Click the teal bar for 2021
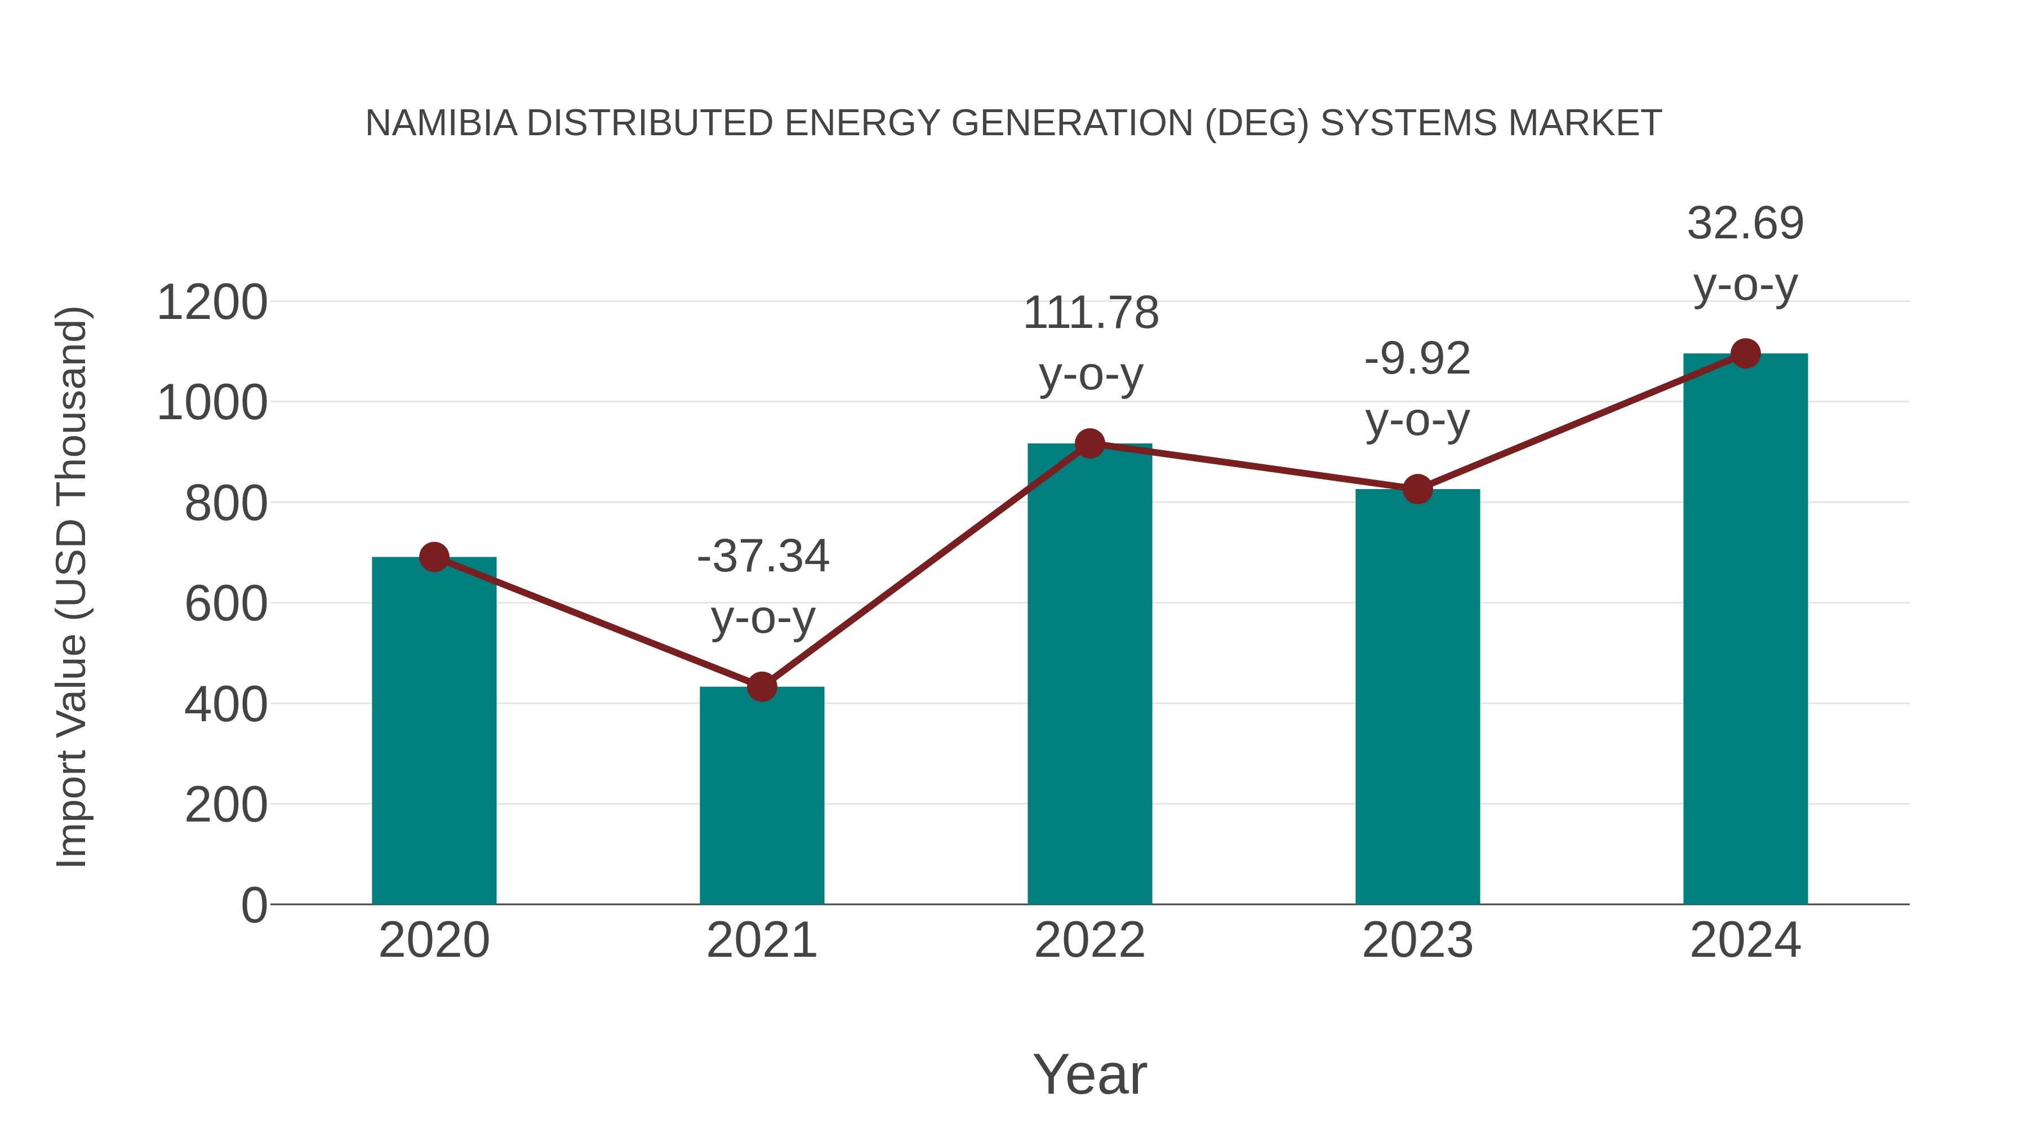click(x=761, y=795)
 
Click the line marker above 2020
click(x=434, y=557)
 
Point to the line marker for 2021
click(x=761, y=687)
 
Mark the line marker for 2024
click(x=1745, y=353)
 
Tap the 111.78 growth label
click(x=1091, y=313)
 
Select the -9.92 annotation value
click(x=1417, y=359)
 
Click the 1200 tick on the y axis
click(x=212, y=303)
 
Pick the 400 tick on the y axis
click(x=225, y=705)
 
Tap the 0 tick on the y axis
click(x=253, y=905)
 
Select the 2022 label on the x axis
click(x=1089, y=940)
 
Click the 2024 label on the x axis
click(x=1745, y=940)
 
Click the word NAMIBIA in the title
click(x=441, y=123)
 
